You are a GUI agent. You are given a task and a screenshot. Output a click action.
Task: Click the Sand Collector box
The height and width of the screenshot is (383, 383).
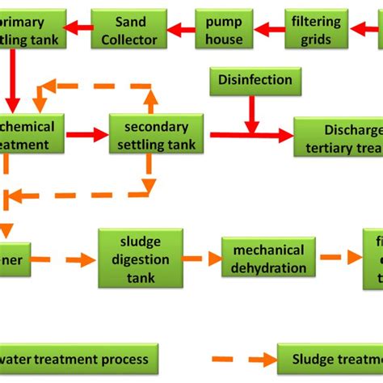[x=129, y=29]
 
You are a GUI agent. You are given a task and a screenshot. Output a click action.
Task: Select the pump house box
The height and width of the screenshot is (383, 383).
[x=224, y=29]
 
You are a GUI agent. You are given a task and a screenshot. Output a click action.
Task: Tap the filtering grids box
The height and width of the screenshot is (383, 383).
[x=314, y=29]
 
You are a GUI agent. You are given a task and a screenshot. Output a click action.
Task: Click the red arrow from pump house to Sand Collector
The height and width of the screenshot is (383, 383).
[x=182, y=29]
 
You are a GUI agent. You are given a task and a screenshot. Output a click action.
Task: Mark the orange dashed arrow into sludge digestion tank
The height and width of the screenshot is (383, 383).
[x=77, y=259]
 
